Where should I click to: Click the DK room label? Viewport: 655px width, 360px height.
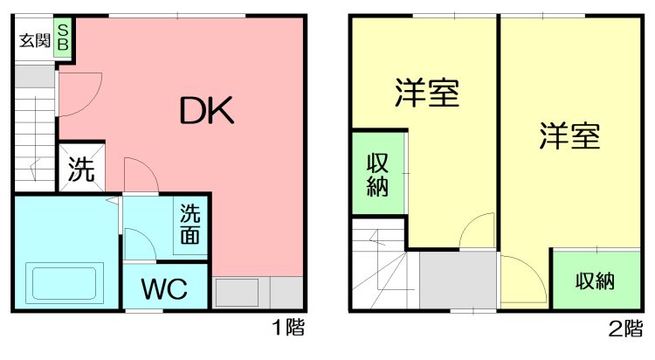click(x=206, y=111)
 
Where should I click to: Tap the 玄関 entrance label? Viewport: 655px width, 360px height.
click(x=35, y=40)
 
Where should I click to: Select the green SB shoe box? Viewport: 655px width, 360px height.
click(x=63, y=38)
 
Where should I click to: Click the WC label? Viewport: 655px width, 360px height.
click(x=164, y=288)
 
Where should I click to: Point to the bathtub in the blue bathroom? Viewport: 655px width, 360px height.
click(x=65, y=283)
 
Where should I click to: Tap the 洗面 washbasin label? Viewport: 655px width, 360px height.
click(x=190, y=224)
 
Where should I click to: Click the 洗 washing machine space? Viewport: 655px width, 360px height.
click(x=81, y=168)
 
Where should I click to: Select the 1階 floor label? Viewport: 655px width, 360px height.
click(x=288, y=327)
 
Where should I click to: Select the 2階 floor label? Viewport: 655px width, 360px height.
click(x=625, y=329)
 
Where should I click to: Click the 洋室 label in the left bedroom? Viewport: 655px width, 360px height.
click(x=427, y=93)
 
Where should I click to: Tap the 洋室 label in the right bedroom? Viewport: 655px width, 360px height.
click(x=569, y=135)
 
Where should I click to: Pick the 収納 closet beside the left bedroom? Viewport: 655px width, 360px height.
click(x=378, y=174)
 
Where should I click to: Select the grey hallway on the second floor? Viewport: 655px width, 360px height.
click(x=458, y=280)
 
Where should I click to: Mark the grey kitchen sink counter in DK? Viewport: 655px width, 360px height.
click(x=258, y=292)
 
